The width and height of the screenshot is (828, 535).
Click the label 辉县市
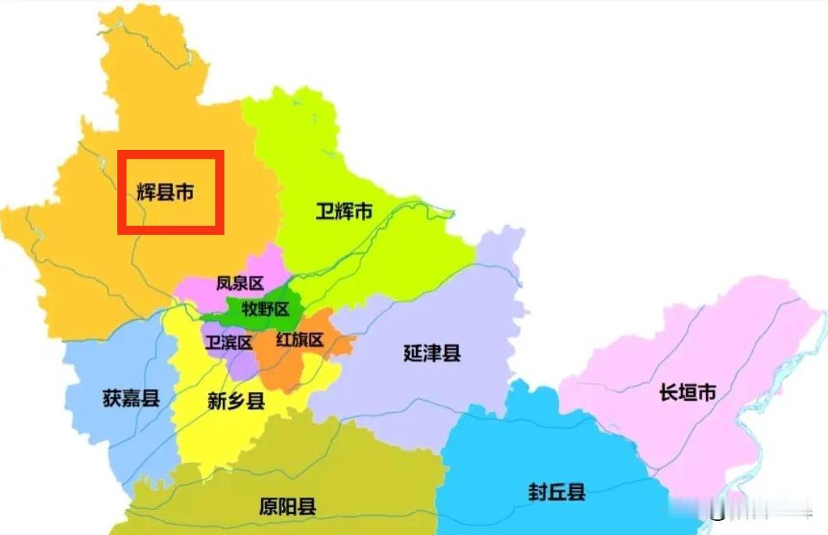pos(165,192)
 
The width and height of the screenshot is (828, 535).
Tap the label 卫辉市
pos(343,211)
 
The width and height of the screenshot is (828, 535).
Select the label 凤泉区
pos(240,284)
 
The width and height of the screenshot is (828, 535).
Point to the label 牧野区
pos(265,309)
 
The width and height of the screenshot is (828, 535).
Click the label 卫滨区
pos(228,342)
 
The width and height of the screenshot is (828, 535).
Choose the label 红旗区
pos(299,340)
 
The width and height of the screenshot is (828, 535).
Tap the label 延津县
pos(432,353)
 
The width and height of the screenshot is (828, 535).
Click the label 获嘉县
pos(131,398)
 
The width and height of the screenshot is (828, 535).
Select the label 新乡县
pos(236,401)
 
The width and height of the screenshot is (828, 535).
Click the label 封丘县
pos(557,492)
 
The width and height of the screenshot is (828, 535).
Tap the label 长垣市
pos(687,392)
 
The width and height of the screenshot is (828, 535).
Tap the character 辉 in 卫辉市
pos(343,211)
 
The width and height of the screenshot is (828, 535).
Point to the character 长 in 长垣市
pos(668,392)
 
